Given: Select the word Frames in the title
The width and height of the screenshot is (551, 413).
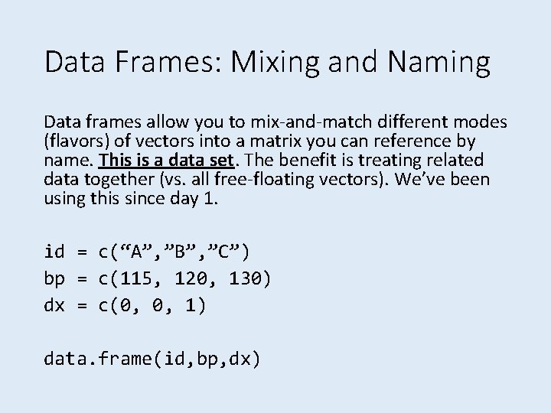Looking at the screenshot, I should [x=169, y=62].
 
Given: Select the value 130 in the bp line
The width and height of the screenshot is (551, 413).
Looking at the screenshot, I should [x=245, y=278].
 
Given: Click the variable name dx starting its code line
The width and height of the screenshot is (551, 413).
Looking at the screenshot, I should [x=54, y=305].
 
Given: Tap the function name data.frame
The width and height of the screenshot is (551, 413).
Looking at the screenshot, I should [x=99, y=357].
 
